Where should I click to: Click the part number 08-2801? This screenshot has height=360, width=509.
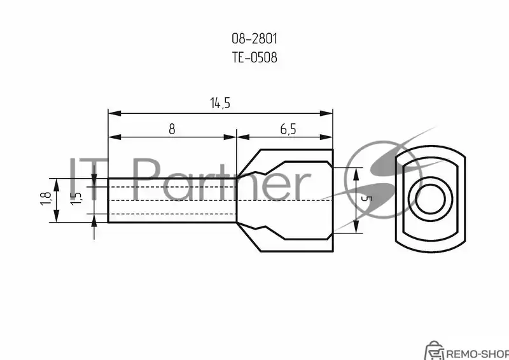254,39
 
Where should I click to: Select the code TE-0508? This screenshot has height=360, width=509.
254,57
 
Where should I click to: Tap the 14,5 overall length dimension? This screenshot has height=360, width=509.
220,103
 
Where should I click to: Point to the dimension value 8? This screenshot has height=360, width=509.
172,129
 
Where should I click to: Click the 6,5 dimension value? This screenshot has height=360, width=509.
288,129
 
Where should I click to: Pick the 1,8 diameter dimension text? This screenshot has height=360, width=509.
46,198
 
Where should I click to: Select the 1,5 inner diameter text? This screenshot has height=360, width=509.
76,198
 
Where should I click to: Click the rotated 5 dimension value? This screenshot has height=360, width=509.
366,198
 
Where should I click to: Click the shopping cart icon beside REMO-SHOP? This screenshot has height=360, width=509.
434,350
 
